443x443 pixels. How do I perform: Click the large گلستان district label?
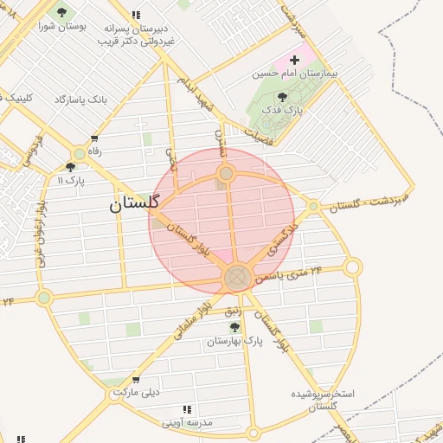tap(134, 204)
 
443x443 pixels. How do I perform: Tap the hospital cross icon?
tap(294, 60)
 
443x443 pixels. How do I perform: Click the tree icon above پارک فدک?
tap(282, 97)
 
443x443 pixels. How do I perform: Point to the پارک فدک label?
tap(282, 111)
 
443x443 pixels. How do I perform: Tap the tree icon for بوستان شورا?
tap(61, 12)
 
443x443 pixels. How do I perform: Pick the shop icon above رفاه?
tap(94, 138)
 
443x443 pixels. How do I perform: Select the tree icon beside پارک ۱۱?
tap(70, 167)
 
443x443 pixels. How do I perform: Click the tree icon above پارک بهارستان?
tap(234, 326)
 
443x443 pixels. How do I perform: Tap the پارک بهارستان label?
tap(234, 341)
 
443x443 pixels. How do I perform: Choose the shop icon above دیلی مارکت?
tap(136, 379)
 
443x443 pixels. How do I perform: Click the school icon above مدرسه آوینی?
tap(187, 409)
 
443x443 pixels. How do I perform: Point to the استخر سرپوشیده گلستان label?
tap(322, 400)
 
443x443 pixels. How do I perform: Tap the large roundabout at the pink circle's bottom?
tap(237, 278)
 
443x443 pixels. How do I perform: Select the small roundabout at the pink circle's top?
tap(226, 174)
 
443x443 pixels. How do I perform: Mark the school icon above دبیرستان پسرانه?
tap(136, 15)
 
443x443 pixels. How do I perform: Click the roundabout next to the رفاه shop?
tap(79, 153)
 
